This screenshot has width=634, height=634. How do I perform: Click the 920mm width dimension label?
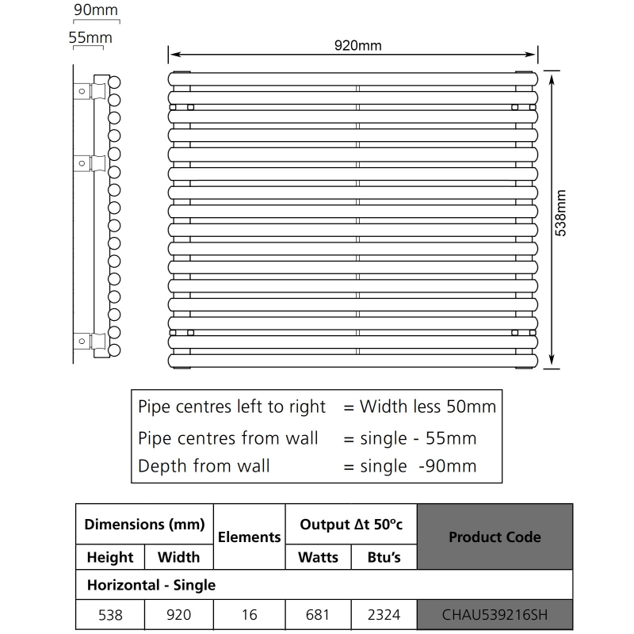[357, 45]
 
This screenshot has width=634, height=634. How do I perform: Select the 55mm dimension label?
[90, 37]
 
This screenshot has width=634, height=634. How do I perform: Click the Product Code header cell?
[495, 537]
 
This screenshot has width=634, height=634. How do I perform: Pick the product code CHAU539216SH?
[495, 613]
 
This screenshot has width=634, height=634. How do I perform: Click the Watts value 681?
[318, 613]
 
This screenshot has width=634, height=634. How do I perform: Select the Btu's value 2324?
[384, 613]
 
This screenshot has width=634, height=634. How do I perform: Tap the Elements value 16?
[249, 613]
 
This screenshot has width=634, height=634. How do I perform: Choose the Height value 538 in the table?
[110, 613]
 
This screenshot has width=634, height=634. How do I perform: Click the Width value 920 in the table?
[178, 613]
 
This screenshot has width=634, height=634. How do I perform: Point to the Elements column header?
[249, 537]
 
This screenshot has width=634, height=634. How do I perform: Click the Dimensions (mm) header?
[144, 524]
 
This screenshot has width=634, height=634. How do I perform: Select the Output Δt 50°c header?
[350, 524]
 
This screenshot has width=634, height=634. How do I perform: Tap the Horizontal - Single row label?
[150, 585]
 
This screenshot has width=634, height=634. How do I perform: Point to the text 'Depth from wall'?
[204, 465]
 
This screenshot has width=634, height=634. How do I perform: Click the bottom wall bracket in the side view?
[90, 341]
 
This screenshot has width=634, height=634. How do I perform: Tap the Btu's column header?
[384, 557]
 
